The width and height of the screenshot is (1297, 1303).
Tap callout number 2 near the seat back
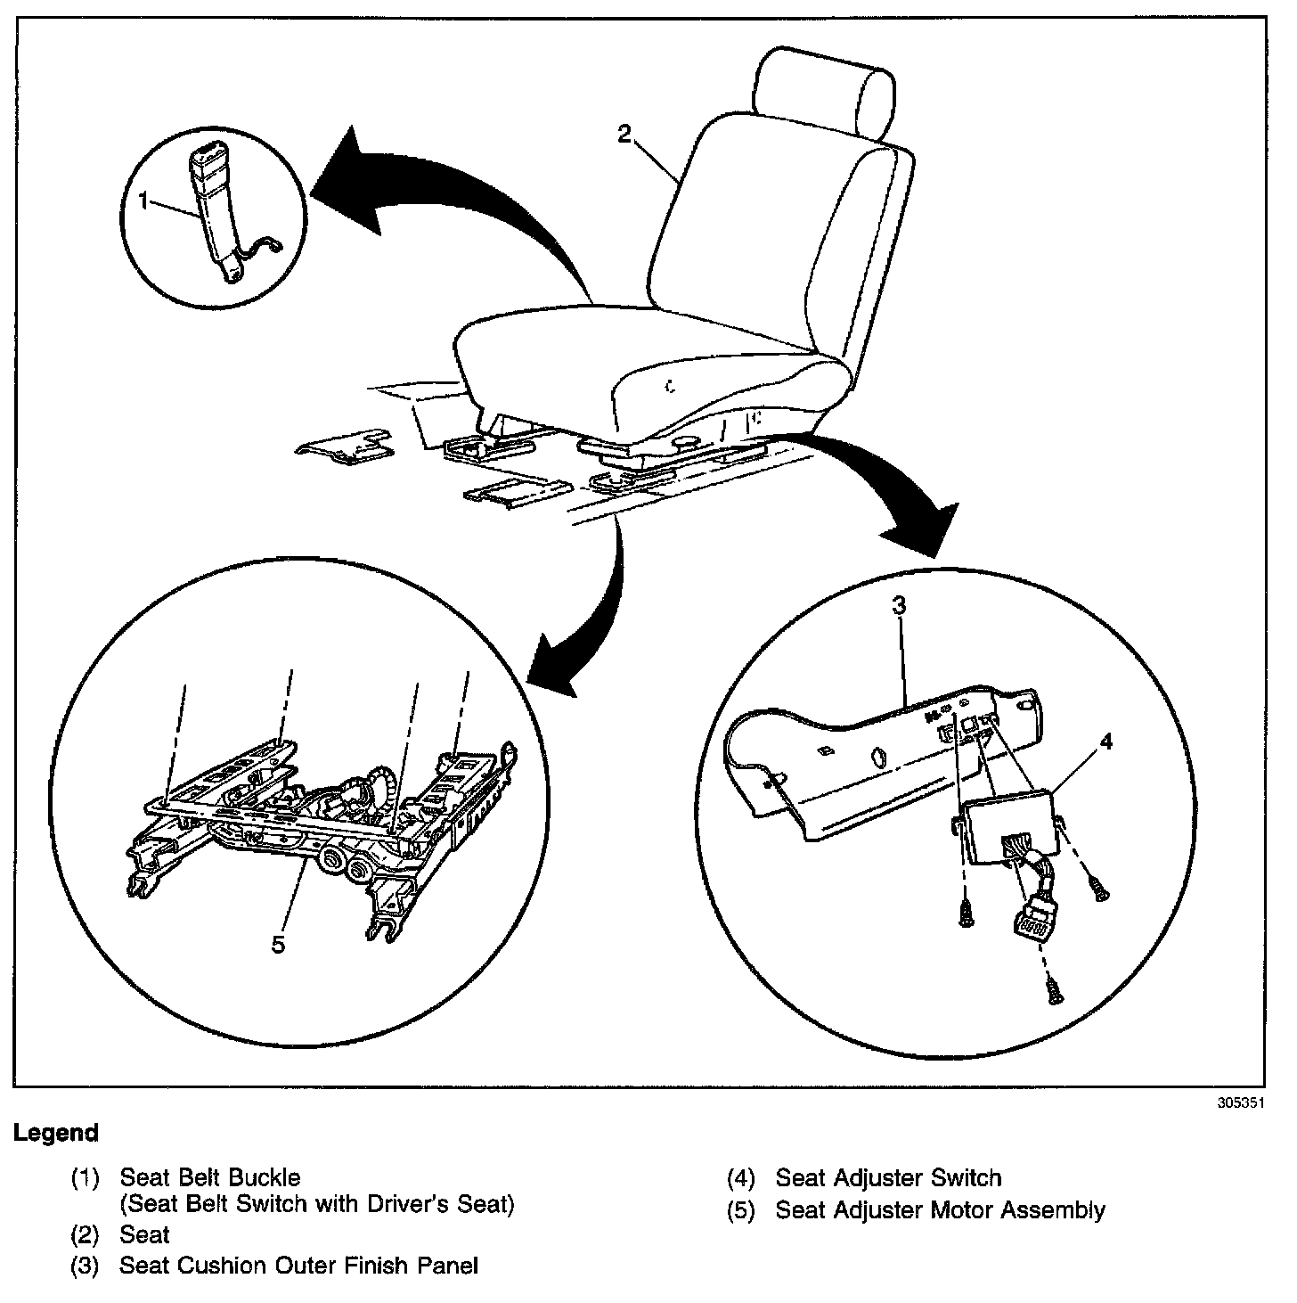(x=624, y=134)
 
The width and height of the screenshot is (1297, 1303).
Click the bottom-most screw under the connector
(x=1056, y=990)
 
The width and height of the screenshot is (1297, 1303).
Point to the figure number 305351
(x=1241, y=1102)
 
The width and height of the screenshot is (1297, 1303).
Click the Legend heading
(x=55, y=1134)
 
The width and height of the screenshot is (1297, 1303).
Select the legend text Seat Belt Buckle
(x=210, y=1178)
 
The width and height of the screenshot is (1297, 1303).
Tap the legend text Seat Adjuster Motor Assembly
(x=940, y=1210)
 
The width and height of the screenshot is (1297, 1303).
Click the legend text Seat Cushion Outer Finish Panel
(x=299, y=1266)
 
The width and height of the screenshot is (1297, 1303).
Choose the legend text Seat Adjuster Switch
(x=888, y=1178)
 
